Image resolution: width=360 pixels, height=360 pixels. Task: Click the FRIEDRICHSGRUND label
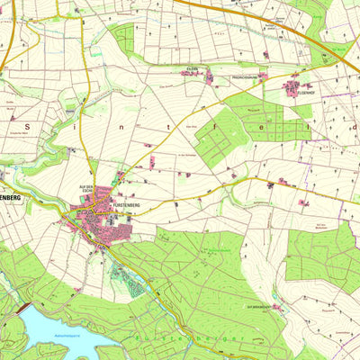coord(243,77)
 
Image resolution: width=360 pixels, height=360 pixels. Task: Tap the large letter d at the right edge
coord(355,127)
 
